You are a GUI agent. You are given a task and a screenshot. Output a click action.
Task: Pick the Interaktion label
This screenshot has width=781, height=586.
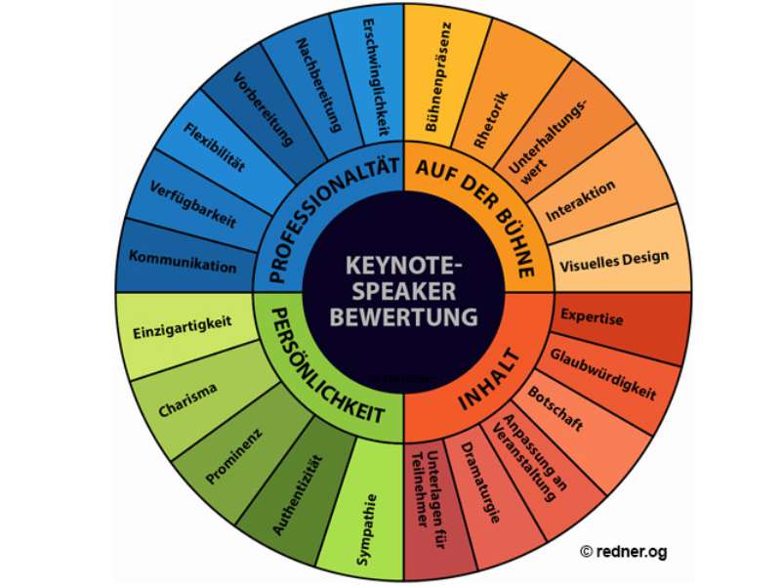point(580,200)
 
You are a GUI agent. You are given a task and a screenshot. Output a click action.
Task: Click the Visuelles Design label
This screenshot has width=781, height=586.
point(614,258)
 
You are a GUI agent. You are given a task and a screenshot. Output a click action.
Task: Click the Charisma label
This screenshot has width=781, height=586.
point(187,400)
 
